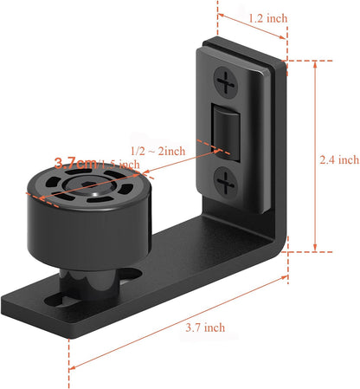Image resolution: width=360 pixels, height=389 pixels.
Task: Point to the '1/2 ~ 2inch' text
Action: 157,151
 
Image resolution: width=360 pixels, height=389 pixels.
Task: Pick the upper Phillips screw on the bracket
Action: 227,85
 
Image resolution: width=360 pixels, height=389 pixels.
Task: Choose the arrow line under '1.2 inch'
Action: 252,26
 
